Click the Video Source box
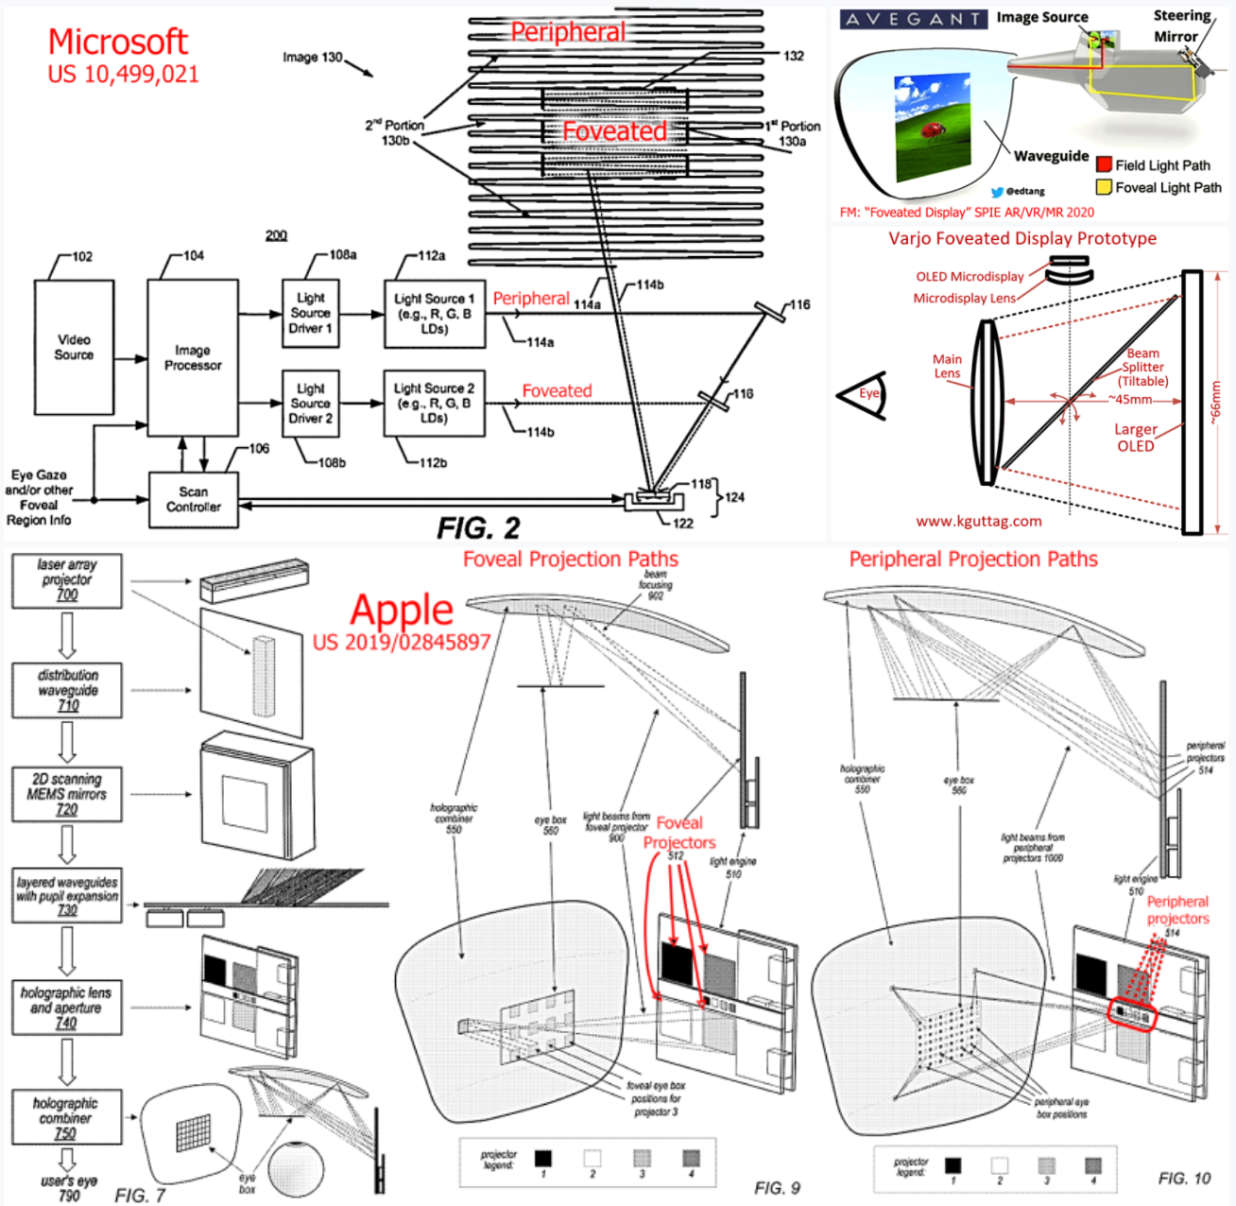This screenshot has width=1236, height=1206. [x=74, y=347]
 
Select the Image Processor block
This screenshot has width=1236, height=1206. [x=193, y=357]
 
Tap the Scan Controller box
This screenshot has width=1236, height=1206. [x=194, y=499]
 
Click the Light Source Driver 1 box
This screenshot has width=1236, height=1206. [x=310, y=313]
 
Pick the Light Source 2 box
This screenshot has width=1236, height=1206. [x=434, y=403]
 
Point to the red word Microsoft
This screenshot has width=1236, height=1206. [x=118, y=42]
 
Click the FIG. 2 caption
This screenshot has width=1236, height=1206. [x=478, y=526]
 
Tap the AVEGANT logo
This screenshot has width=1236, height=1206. [x=913, y=19]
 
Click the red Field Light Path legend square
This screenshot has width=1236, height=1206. [x=1104, y=164]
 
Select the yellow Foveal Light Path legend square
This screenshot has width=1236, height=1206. [x=1104, y=187]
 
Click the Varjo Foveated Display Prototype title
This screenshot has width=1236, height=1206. [x=1021, y=238]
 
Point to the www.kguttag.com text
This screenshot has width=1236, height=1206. [x=979, y=521]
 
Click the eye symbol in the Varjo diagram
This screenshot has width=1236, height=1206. [x=865, y=395]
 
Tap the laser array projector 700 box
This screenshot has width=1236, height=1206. [x=67, y=580]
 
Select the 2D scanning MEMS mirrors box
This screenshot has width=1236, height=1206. [x=67, y=794]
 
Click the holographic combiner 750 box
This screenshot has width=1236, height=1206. [x=65, y=1118]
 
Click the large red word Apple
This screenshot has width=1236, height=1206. [x=402, y=611]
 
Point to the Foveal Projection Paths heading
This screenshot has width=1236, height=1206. [x=570, y=560]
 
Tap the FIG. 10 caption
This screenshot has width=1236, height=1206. [x=1183, y=1179]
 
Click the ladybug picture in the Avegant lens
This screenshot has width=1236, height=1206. [x=932, y=126]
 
